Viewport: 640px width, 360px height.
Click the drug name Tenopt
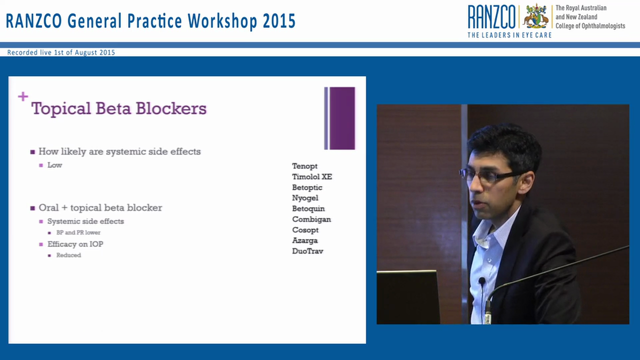(304, 166)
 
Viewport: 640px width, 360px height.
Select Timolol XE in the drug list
(312, 176)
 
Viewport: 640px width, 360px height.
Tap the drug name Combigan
(311, 219)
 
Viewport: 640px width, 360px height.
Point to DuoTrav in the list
(307, 251)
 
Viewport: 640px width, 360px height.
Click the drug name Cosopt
(305, 230)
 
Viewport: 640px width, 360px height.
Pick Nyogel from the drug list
(305, 198)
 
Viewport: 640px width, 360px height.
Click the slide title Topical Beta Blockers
(119, 108)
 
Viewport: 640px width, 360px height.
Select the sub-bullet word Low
(54, 165)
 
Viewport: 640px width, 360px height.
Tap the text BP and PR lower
(78, 232)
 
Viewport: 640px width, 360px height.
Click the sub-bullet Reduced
(68, 255)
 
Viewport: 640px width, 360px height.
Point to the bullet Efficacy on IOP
(75, 244)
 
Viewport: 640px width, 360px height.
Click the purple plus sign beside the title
(23, 96)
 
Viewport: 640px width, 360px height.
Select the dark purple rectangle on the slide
(342, 118)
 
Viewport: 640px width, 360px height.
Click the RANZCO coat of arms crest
(535, 16)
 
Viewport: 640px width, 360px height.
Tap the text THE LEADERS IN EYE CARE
(509, 35)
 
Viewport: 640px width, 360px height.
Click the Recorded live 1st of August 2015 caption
(61, 52)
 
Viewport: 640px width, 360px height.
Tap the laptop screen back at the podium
(407, 297)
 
